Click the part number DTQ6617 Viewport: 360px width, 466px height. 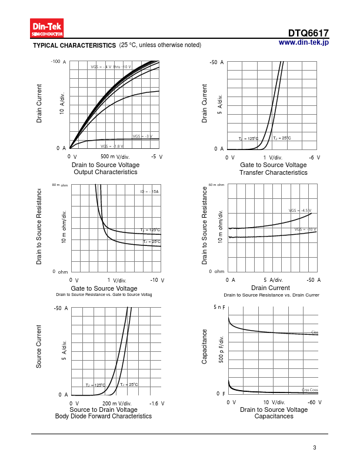[308, 34]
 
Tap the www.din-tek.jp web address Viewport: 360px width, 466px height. [303, 42]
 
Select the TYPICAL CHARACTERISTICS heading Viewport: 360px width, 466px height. [74, 45]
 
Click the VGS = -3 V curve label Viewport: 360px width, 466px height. [142, 136]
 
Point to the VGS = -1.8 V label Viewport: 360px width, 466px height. [112, 146]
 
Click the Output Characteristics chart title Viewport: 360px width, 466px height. [106, 172]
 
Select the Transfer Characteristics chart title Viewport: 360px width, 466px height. [274, 173]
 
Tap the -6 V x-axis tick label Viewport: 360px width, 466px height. [315, 158]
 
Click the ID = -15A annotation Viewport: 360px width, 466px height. [149, 192]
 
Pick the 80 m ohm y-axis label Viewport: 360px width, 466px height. [60, 185]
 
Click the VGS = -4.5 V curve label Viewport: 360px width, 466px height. [299, 210]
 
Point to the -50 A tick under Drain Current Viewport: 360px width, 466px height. [314, 280]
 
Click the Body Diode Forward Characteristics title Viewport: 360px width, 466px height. [103, 417]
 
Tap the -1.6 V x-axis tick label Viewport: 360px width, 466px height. [157, 404]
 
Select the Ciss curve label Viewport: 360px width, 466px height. [315, 332]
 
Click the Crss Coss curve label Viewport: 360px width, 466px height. [309, 390]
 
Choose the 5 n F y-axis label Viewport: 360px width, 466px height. [219, 308]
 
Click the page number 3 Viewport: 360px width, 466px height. [315, 448]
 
